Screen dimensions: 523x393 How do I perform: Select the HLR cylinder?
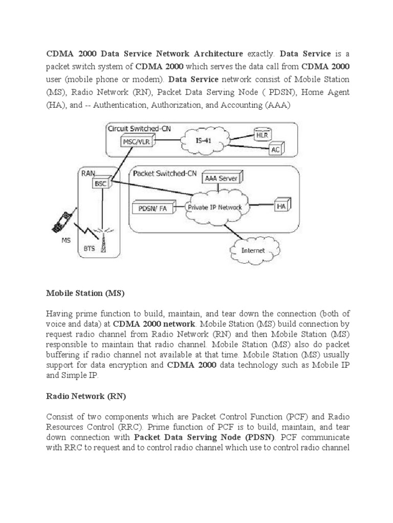(x=264, y=135)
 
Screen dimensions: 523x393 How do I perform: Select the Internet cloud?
(x=253, y=250)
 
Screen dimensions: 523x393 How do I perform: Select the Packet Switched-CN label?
(x=164, y=174)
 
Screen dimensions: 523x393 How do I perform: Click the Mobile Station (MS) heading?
(x=85, y=294)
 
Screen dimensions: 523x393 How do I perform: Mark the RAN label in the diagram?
(x=87, y=173)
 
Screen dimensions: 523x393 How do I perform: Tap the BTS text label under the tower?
(x=89, y=249)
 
